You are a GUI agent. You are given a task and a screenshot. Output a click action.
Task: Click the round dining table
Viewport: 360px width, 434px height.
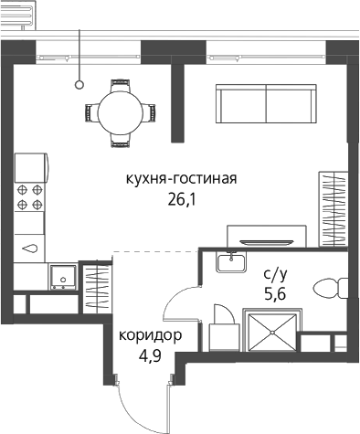coord(121,113)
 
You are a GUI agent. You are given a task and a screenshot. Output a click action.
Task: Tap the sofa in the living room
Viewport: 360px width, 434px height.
coord(266,104)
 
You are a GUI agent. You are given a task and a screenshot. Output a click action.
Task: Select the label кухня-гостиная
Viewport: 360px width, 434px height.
coord(182,179)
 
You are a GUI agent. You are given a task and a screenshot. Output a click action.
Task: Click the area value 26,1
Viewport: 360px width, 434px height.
coord(181,200)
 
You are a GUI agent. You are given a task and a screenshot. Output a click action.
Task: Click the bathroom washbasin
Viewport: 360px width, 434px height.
coord(231,262)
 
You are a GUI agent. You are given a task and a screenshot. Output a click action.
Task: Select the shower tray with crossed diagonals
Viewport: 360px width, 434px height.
coord(272,332)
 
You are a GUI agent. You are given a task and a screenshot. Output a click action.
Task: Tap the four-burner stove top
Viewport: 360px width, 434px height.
coord(29,197)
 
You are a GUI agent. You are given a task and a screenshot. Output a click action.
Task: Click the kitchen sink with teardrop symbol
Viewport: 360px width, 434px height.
coord(30,249)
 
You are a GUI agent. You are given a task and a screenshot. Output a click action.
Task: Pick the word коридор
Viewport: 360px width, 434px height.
coord(151,335)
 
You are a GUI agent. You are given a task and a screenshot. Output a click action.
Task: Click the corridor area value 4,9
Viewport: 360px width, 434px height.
coord(150,355)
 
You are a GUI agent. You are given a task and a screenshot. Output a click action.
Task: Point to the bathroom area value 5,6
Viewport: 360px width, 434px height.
coord(275,294)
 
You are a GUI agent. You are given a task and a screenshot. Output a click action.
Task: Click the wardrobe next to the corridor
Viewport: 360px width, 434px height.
coord(96,287)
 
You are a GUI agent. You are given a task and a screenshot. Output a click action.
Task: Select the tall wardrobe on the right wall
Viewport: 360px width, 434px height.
coord(334,209)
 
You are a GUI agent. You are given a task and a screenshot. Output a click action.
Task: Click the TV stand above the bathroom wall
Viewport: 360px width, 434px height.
coord(267,236)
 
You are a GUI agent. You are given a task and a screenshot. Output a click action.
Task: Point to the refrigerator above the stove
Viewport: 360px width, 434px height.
coord(31,168)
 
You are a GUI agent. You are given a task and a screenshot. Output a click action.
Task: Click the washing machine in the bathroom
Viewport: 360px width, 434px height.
coord(224,337)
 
